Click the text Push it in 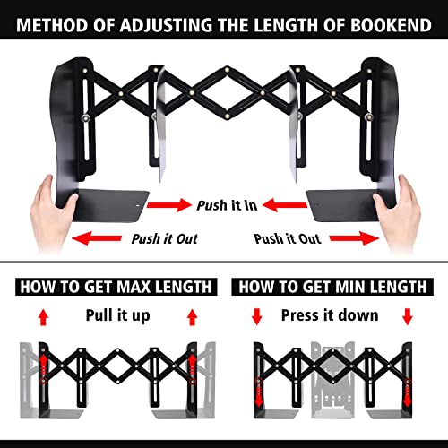coord(228,205)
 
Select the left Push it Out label coord(165,238)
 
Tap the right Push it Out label coord(287,238)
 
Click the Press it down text coord(329,315)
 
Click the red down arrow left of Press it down coord(256,316)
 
